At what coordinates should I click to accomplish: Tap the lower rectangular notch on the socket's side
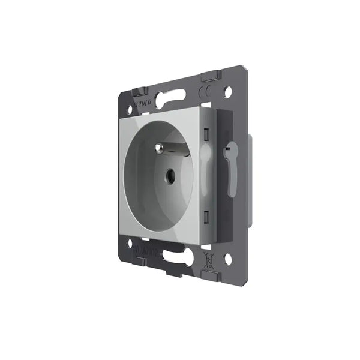tap(205, 214)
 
